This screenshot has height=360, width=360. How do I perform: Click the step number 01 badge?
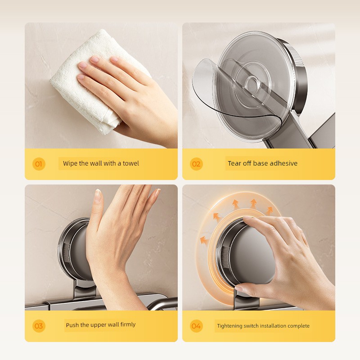[39, 164]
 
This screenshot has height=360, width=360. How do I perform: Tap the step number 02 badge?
[196, 164]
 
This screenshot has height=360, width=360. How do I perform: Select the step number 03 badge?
[39, 326]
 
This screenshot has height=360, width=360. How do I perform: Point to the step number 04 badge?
[196, 326]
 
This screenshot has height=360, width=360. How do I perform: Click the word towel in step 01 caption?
[131, 163]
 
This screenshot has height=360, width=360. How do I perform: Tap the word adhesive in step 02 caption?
[283, 163]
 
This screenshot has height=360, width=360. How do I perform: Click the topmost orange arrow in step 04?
[253, 203]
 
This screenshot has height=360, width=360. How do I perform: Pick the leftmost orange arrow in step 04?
[204, 240]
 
